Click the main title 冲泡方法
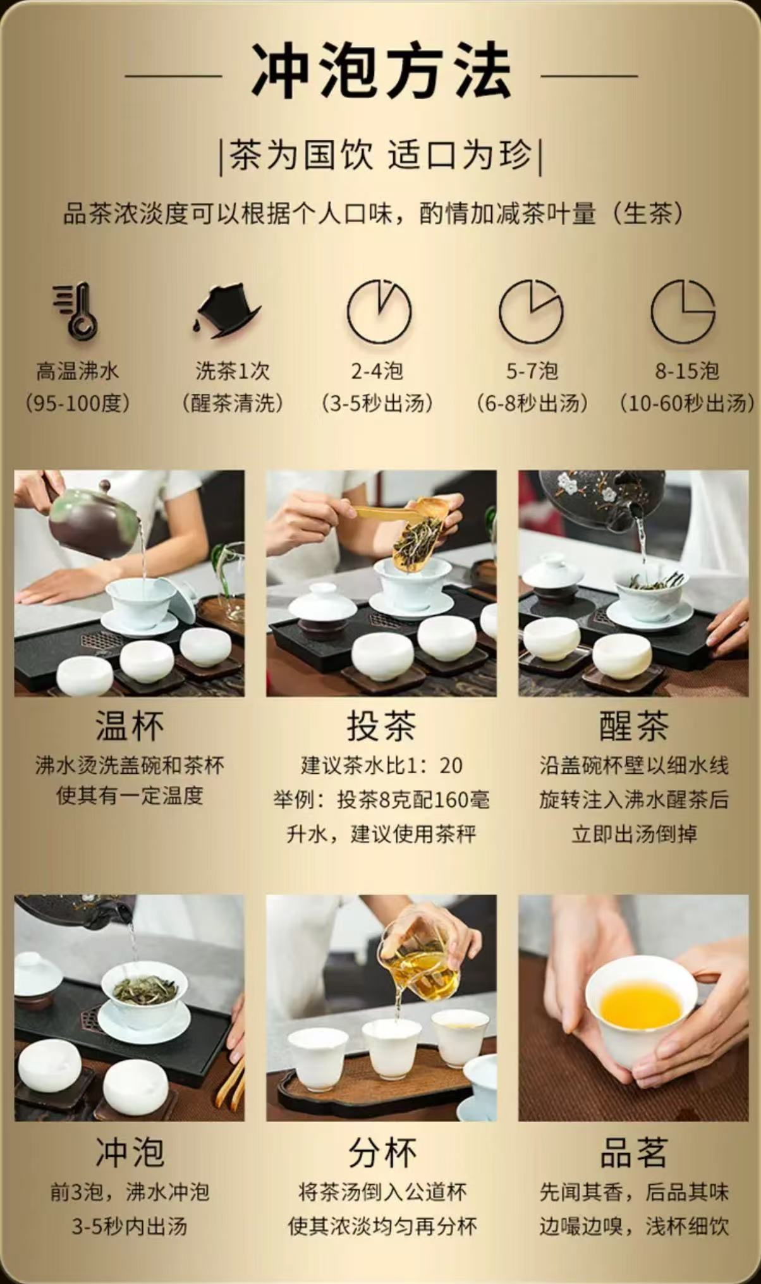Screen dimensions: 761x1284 [381, 70]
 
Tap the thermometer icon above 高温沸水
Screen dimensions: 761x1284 [76, 311]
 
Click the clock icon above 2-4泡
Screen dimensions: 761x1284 [379, 311]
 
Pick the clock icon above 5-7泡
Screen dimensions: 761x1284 [531, 311]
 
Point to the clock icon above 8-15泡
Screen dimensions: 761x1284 [683, 311]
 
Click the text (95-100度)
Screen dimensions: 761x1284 [77, 403]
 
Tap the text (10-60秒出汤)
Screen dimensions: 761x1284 [686, 403]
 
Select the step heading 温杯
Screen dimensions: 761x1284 [130, 725]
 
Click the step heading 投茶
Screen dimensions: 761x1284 [381, 725]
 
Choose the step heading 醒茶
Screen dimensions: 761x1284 [633, 725]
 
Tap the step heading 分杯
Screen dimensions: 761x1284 [382, 1153]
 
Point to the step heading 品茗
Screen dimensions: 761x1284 [633, 1153]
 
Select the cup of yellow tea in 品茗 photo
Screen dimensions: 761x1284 [640, 1006]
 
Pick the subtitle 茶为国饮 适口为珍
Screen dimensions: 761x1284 [380, 156]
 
